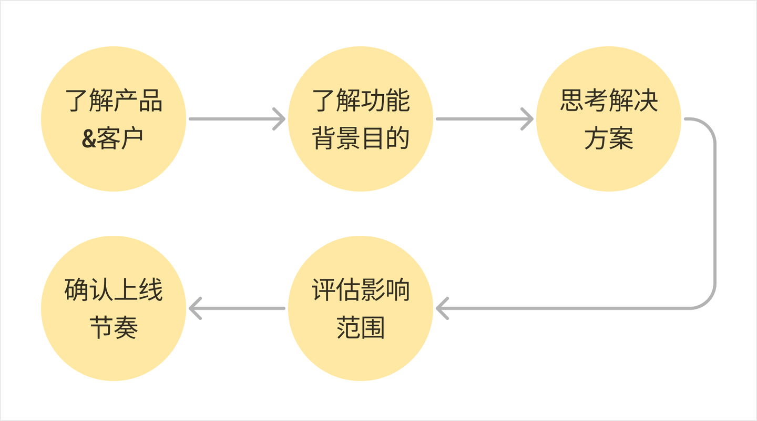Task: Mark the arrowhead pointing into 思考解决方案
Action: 527,119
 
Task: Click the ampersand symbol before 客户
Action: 89,138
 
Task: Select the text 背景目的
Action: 361,138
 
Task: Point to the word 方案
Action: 608,138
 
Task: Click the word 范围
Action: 361,327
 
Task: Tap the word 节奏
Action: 114,327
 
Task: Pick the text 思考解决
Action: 608,100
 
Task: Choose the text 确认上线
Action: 114,289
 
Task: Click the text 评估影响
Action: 361,289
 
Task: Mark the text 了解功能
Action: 361,100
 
